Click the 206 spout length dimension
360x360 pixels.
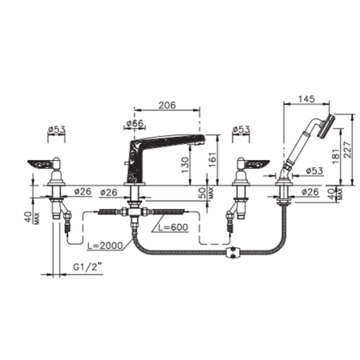click(167, 105)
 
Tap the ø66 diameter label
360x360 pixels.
click(135, 123)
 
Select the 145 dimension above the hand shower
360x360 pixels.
click(306, 98)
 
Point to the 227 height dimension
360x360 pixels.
click(348, 150)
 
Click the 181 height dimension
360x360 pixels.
click(336, 155)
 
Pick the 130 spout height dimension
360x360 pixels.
click(185, 165)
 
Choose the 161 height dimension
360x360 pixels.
click(212, 160)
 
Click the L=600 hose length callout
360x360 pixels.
click(173, 227)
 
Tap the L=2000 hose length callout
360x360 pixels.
click(105, 246)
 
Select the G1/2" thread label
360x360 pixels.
click(88, 267)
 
